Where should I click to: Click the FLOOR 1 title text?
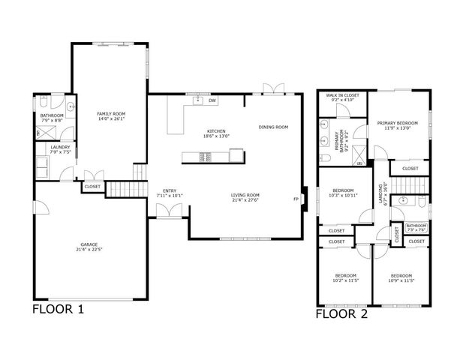click(58, 309)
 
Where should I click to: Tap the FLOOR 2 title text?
click(341, 315)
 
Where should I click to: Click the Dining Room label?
click(273, 127)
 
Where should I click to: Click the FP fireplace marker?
click(296, 199)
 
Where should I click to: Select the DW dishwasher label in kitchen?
click(212, 100)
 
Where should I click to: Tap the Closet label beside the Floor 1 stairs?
click(92, 186)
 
